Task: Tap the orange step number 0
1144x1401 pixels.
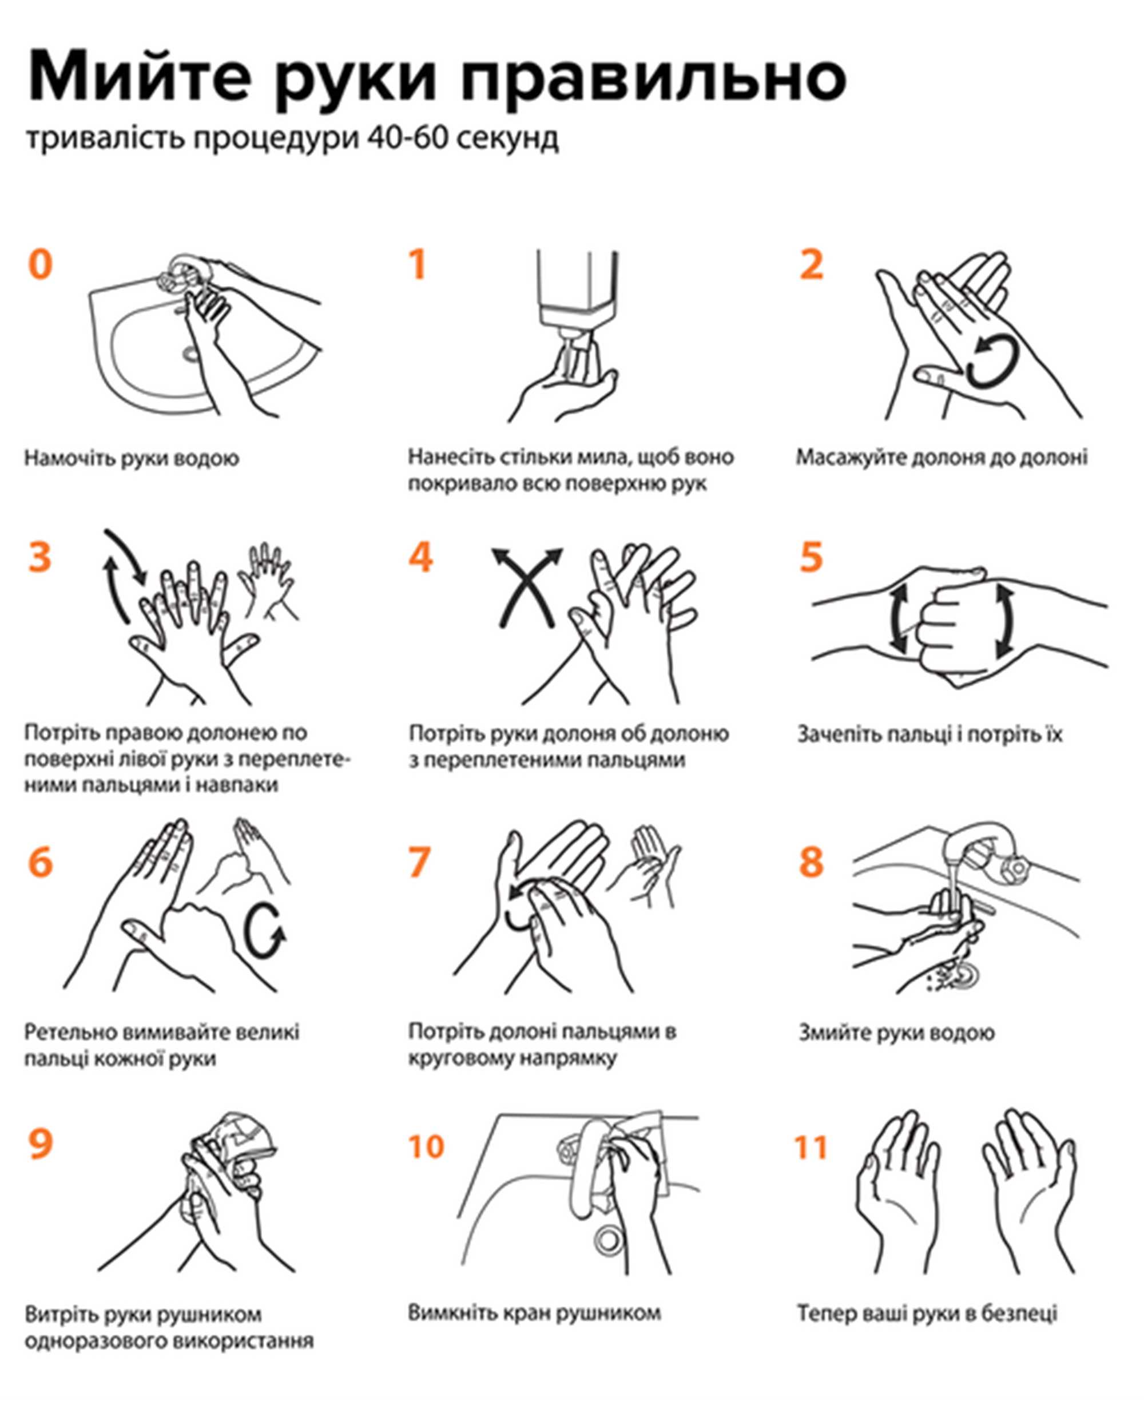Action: (40, 264)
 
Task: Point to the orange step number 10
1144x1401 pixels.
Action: (426, 1146)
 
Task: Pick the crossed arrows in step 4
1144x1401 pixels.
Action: (527, 586)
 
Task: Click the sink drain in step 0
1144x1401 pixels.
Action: (191, 354)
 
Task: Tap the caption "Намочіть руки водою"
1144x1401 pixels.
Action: (132, 459)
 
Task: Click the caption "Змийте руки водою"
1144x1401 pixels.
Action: (897, 1032)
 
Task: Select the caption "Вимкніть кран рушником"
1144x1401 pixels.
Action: (534, 1312)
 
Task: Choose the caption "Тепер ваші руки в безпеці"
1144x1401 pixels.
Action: (928, 1313)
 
